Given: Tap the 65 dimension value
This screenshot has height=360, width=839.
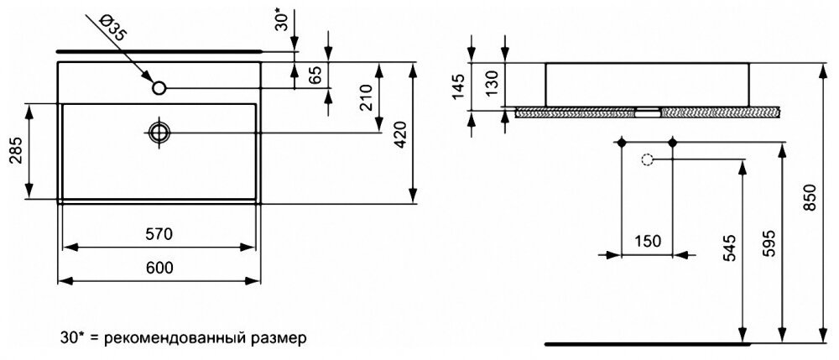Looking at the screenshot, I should click(315, 75).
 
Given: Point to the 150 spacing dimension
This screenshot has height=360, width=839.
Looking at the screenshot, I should click(646, 241).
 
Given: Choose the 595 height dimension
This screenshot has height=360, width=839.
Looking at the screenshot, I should click(769, 243).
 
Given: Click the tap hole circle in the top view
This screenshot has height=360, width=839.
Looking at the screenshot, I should click(159, 86).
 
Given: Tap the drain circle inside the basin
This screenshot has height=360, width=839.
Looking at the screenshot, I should click(159, 132).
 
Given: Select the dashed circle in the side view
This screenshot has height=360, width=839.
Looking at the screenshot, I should click(647, 159).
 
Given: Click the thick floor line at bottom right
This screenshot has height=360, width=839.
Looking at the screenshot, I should click(646, 343).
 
